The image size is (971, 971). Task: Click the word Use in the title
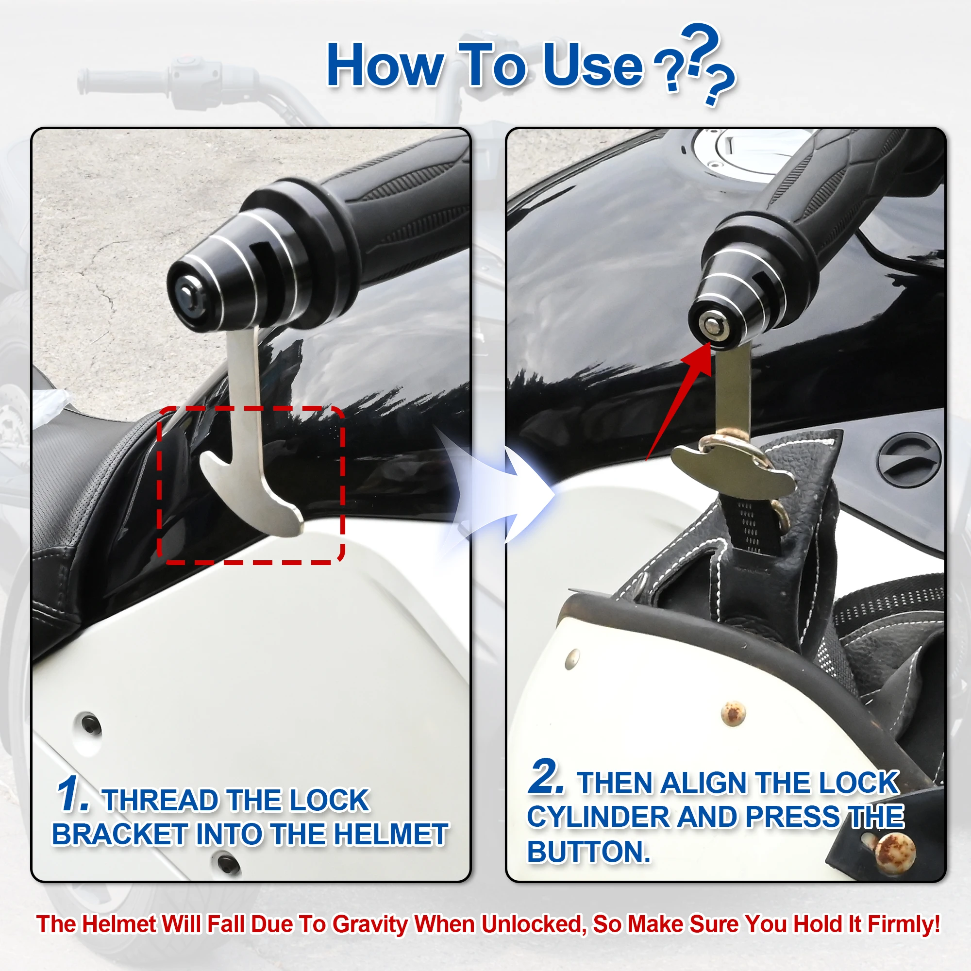pos(593,66)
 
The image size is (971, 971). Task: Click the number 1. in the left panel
pos(73,794)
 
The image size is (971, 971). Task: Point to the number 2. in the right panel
pos(547,777)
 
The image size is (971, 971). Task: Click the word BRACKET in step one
pos(119,835)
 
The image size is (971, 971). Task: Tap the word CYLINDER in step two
pos(598,817)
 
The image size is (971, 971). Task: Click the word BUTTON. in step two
pos(588,852)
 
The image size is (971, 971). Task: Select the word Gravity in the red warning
pos(370,924)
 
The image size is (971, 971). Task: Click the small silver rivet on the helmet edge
pos(572,659)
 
